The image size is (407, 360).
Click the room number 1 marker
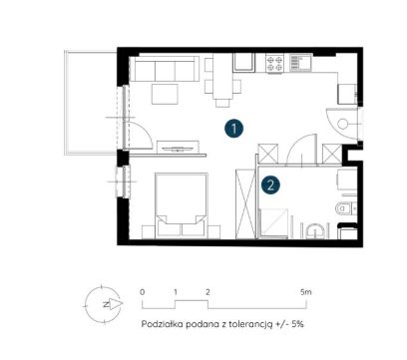click(234, 129)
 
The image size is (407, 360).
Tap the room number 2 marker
click(270, 184)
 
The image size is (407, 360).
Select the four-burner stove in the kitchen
click(274, 64)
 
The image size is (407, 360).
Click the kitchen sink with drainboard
click(300, 63)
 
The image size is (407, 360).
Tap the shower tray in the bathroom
click(273, 222)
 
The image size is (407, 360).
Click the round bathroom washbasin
click(314, 231)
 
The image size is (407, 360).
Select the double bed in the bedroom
click(182, 205)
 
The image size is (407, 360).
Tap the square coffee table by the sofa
click(165, 94)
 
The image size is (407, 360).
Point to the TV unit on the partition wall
click(178, 148)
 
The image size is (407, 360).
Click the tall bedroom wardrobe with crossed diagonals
click(245, 203)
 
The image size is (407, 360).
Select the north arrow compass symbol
click(103, 304)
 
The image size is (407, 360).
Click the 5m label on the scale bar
click(306, 292)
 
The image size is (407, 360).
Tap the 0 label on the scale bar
click(143, 292)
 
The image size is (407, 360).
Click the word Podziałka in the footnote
click(162, 324)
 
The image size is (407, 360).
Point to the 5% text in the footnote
click(297, 324)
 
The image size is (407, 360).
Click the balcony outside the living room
click(92, 103)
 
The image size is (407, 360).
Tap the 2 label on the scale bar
click(207, 292)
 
